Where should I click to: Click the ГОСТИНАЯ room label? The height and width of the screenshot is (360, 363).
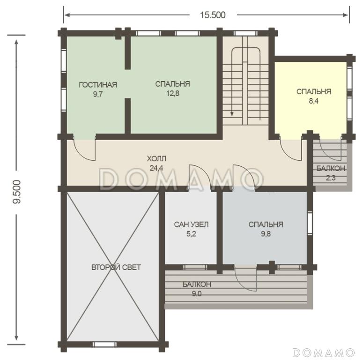pyautogui.click(x=98, y=85)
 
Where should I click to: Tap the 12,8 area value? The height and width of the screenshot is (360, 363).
pyautogui.click(x=173, y=93)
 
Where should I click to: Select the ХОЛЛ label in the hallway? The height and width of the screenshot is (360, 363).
pyautogui.click(x=156, y=159)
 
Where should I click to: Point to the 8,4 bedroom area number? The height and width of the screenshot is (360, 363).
pyautogui.click(x=314, y=101)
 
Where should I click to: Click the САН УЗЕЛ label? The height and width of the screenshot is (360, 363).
pyautogui.click(x=191, y=225)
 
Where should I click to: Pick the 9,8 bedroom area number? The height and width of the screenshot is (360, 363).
pyautogui.click(x=266, y=234)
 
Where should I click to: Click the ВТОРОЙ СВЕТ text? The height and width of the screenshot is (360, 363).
pyautogui.click(x=116, y=267)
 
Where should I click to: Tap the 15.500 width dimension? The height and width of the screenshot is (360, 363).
pyautogui.click(x=213, y=15)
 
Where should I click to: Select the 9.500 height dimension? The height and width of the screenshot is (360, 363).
pyautogui.click(x=17, y=192)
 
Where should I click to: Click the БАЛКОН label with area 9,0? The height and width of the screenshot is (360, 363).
pyautogui.click(x=197, y=284)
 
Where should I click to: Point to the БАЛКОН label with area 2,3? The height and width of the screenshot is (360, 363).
pyautogui.click(x=331, y=168)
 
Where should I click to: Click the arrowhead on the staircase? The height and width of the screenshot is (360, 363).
pyautogui.click(x=232, y=114)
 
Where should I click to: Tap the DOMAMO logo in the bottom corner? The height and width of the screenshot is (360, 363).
pyautogui.click(x=323, y=352)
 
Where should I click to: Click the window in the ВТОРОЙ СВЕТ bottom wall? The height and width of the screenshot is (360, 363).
pyautogui.click(x=104, y=344)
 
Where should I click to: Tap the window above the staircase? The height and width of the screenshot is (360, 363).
pyautogui.click(x=245, y=33)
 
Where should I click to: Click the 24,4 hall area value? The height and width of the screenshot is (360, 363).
pyautogui.click(x=156, y=168)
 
